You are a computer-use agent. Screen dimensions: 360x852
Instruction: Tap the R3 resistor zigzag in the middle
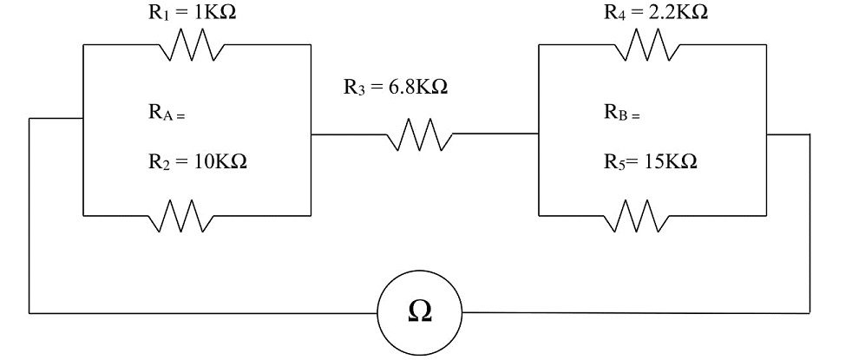[x=421, y=135]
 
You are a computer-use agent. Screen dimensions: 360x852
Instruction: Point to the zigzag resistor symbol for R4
[x=646, y=45]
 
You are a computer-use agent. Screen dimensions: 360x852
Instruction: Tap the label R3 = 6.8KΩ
[x=395, y=88]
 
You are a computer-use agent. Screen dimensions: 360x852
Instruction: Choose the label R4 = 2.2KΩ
[x=655, y=12]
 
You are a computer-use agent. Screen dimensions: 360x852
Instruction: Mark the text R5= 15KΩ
[x=651, y=163]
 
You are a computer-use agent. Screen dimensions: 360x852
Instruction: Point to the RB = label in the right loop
[x=621, y=113]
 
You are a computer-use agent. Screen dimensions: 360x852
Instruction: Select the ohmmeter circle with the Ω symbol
[x=420, y=311]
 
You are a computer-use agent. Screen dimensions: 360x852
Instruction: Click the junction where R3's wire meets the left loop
[x=311, y=135]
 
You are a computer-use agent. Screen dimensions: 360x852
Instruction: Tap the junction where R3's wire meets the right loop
[x=539, y=135]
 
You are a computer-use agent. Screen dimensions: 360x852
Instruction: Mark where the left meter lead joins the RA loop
[x=82, y=119]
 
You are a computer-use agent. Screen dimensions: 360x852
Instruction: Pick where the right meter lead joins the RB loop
[x=766, y=134]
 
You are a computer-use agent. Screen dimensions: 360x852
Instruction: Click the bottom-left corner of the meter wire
[x=29, y=311]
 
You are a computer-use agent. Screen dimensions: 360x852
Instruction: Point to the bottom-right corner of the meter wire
[x=809, y=312]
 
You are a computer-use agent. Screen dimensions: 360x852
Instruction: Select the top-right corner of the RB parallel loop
[x=766, y=45]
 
